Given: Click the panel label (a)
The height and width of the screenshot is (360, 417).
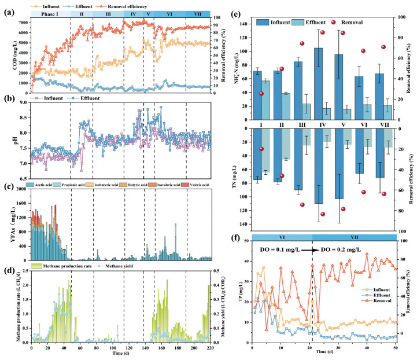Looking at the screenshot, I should point(9,10).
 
